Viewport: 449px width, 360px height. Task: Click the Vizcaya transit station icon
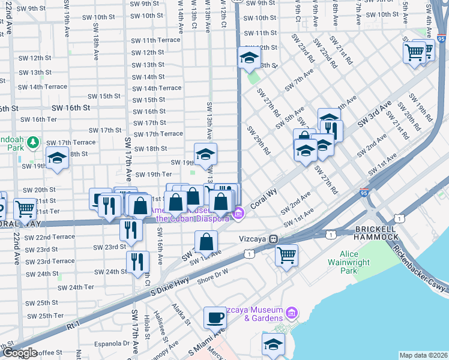click(273, 238)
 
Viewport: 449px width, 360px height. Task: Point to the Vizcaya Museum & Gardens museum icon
click(291, 313)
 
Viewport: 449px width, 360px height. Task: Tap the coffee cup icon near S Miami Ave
click(214, 317)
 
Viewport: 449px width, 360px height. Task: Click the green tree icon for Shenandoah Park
click(34, 142)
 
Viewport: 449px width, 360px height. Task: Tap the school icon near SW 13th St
click(248, 58)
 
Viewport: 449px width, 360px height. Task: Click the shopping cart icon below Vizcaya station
click(286, 254)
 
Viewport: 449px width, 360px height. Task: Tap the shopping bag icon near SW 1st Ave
click(206, 242)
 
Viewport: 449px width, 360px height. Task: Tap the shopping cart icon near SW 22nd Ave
click(25, 209)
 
